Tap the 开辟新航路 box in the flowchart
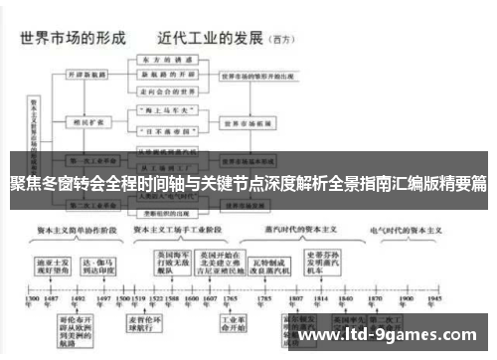88,76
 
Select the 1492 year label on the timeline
79,299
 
